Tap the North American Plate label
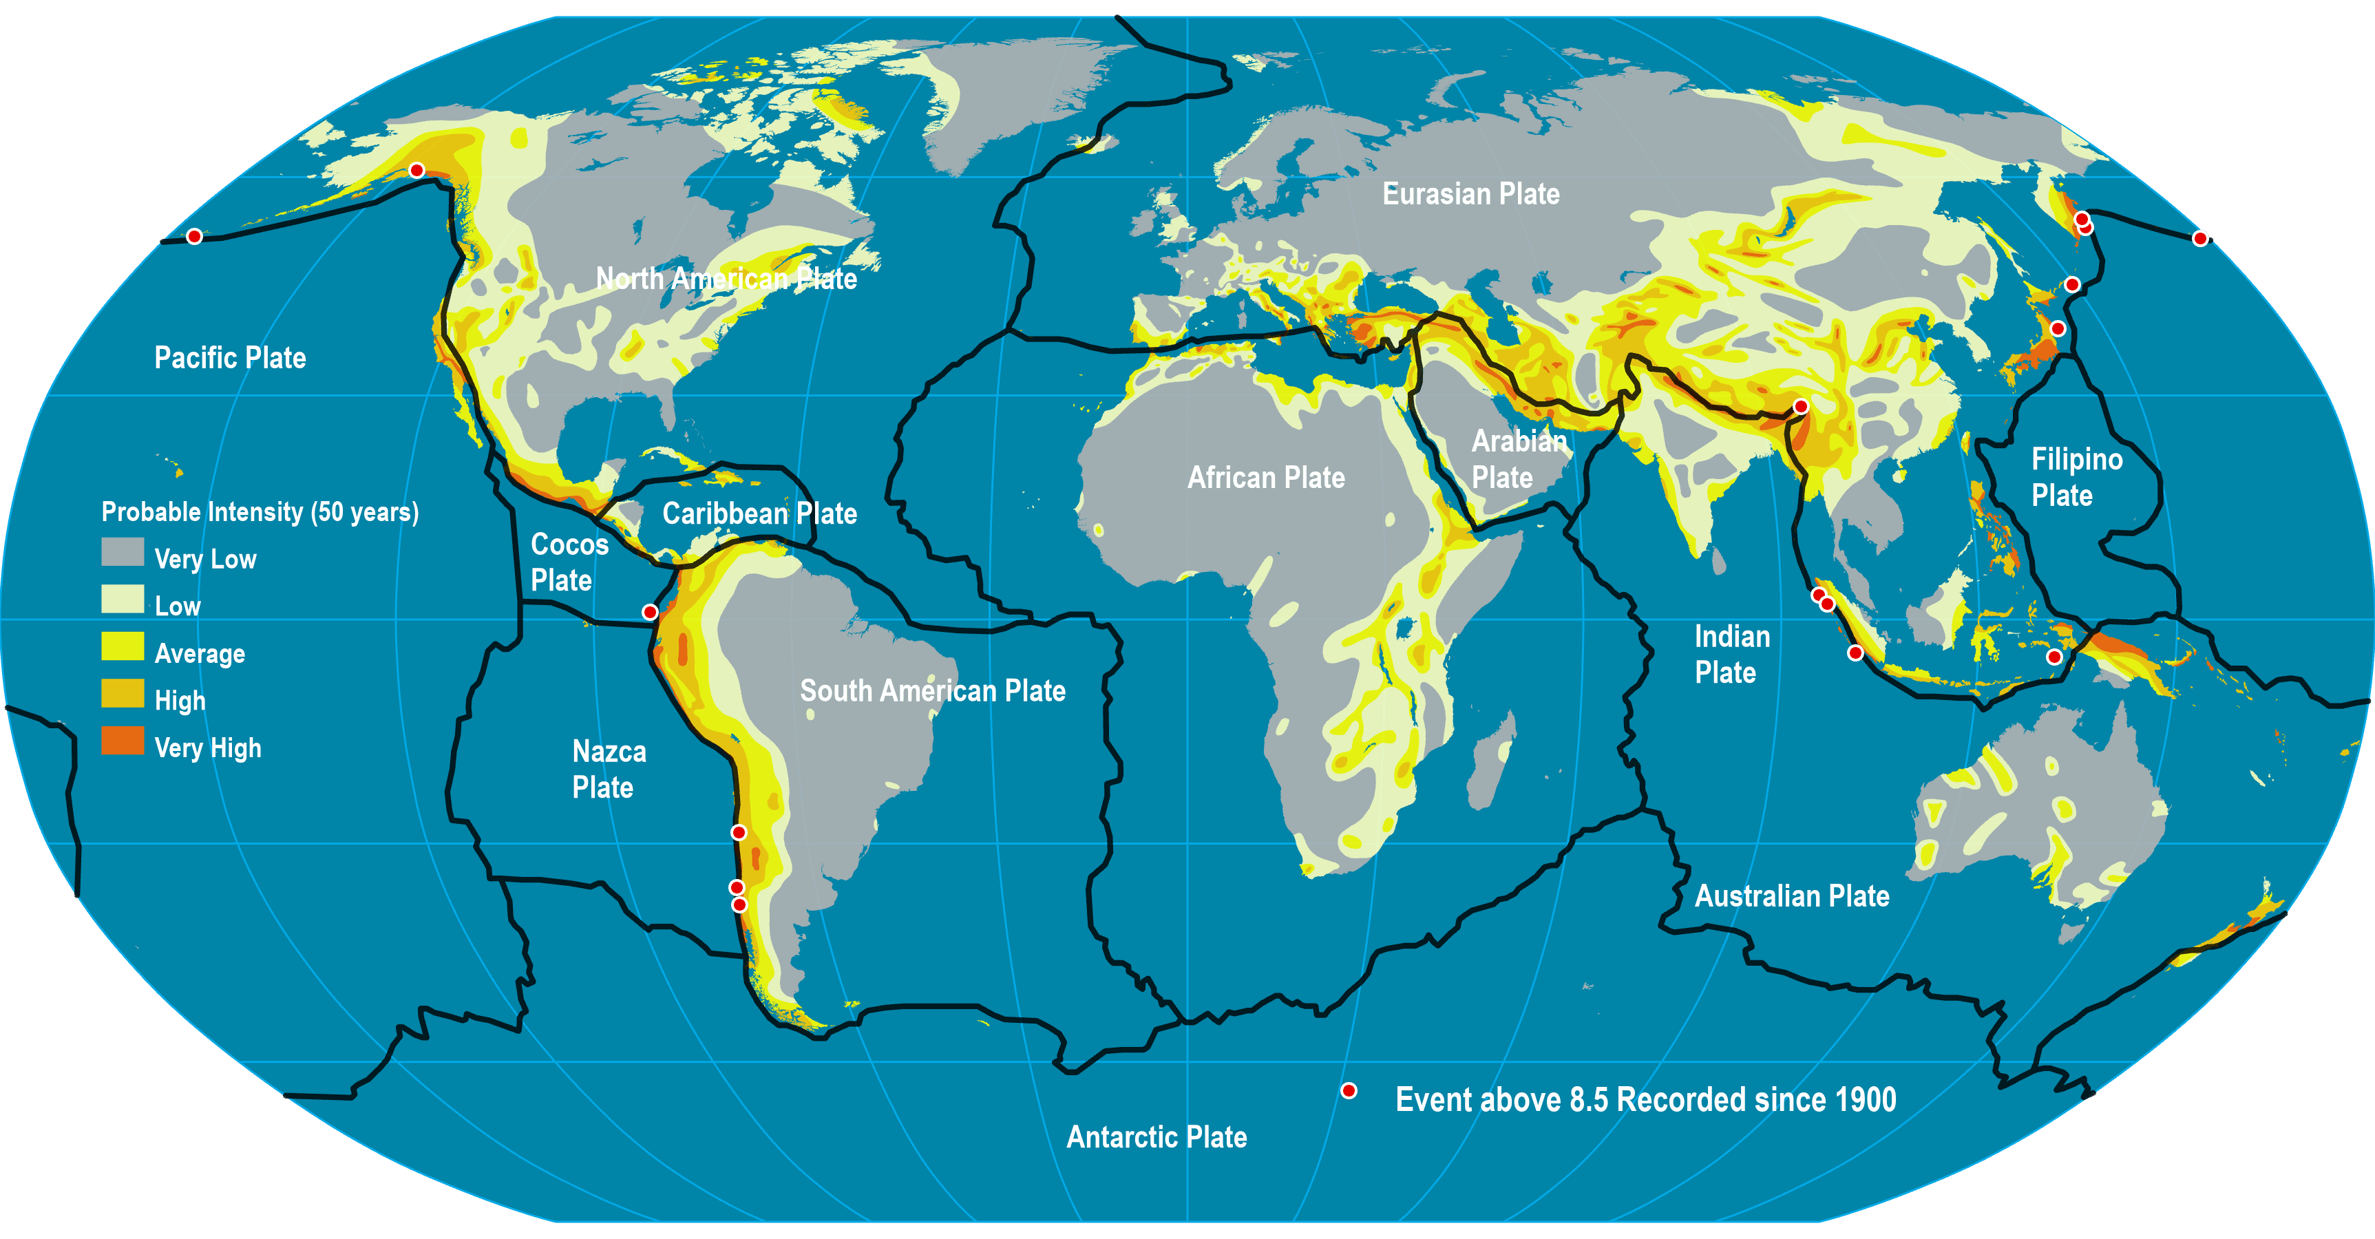coord(726,278)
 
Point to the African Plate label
coord(1265,478)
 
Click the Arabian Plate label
coord(1517,459)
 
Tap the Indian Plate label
coord(1731,655)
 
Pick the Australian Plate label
coord(1791,896)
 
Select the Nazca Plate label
coord(609,770)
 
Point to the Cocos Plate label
coord(569,562)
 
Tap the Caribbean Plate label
coord(760,513)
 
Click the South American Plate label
coord(932,691)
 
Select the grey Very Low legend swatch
coord(123,552)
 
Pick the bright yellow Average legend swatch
coord(123,646)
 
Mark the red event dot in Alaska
coord(416,171)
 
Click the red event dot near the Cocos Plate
coord(650,612)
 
